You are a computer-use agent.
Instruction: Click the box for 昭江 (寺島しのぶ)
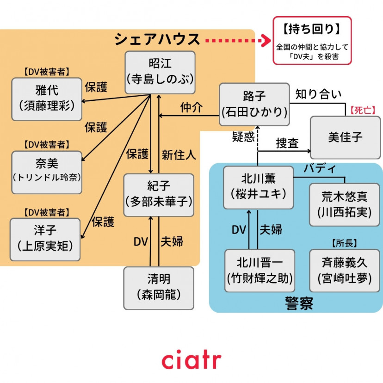[160, 73]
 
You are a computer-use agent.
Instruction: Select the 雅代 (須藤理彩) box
[47, 99]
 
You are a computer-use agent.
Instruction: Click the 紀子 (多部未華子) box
[159, 195]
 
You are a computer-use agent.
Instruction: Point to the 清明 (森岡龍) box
[159, 287]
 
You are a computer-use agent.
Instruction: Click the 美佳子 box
[345, 137]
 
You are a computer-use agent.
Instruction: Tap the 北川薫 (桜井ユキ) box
[258, 187]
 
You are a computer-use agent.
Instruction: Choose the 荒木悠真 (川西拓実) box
[344, 204]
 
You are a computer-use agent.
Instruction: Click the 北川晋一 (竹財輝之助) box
[259, 271]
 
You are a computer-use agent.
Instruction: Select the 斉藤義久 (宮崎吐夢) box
[344, 271]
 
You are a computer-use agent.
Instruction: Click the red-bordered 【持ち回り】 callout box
[312, 40]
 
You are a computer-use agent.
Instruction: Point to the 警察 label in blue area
[299, 303]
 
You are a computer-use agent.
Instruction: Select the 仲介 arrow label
[191, 108]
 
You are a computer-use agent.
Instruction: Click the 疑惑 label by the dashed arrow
[243, 137]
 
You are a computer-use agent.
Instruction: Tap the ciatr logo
[191, 361]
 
